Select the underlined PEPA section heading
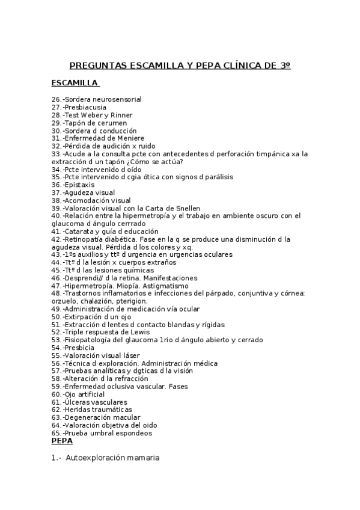tap(62, 441)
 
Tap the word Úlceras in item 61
tap(78, 402)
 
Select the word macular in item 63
tap(126, 418)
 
